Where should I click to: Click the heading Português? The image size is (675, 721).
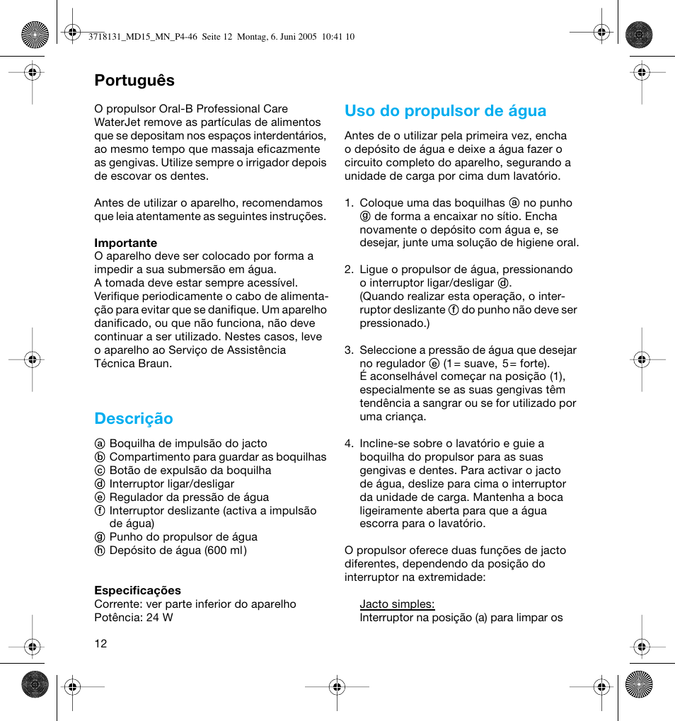(x=134, y=80)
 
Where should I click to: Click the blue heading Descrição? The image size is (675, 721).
(x=134, y=418)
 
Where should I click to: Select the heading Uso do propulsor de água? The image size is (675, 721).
(x=446, y=110)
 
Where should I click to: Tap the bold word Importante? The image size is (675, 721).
(x=126, y=243)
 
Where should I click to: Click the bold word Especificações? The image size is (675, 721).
(x=138, y=590)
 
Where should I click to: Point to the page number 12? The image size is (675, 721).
(x=100, y=643)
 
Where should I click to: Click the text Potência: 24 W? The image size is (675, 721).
(x=134, y=617)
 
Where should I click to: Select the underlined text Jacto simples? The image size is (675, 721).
(x=397, y=604)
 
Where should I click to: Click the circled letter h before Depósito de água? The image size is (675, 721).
(x=100, y=550)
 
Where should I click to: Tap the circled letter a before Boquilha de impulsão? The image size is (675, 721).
(x=100, y=444)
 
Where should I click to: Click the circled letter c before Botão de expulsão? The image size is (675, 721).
(x=100, y=471)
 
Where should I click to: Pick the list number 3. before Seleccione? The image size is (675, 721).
(x=349, y=350)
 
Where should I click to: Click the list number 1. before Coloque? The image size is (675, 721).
(x=349, y=202)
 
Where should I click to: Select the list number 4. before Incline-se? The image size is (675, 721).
(x=349, y=444)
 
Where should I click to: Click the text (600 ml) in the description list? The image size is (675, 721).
(x=226, y=550)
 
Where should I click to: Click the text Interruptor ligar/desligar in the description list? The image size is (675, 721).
(x=172, y=484)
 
